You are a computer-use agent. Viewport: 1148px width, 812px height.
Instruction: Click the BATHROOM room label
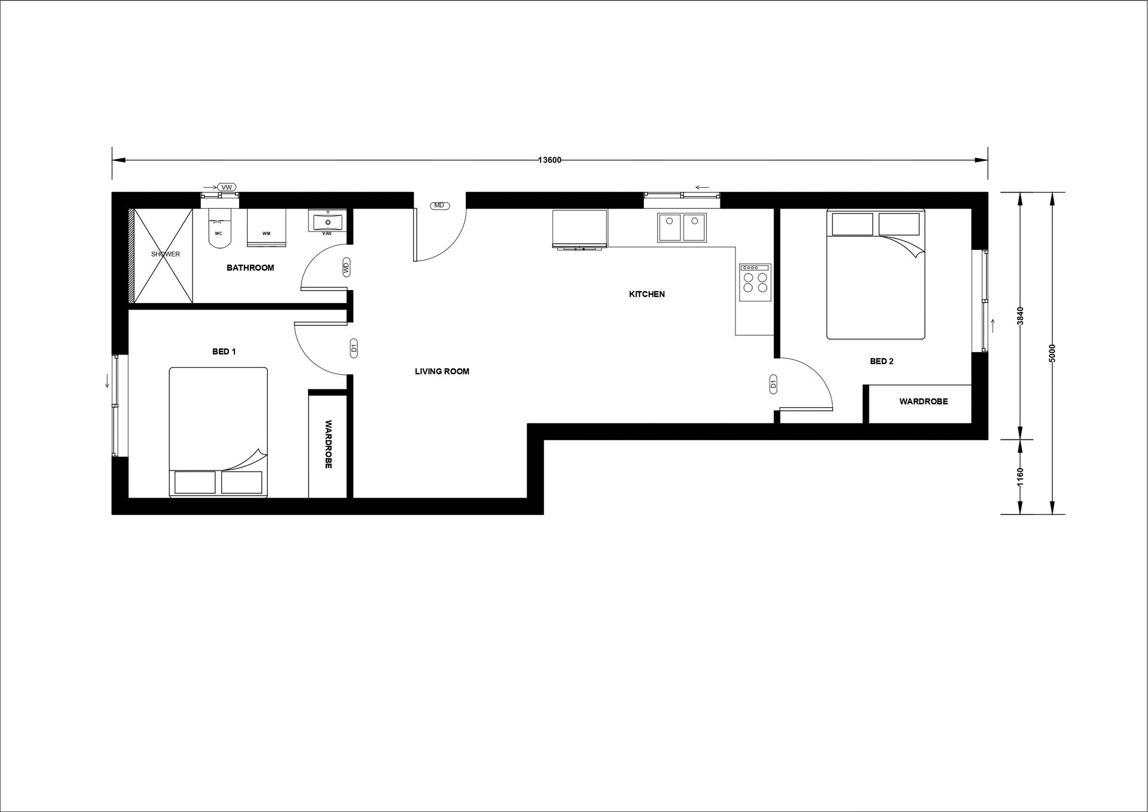(250, 268)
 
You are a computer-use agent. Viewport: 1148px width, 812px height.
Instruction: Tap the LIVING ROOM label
(442, 371)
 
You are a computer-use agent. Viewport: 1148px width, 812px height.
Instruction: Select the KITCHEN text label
(647, 294)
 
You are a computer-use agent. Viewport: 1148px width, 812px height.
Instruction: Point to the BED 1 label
(224, 352)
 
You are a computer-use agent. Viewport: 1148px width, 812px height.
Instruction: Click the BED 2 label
(881, 361)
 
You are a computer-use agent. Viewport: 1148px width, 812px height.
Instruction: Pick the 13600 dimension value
(549, 160)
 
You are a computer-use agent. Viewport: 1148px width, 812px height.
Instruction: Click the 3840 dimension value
(1021, 316)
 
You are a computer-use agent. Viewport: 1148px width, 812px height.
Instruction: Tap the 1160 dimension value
(1021, 477)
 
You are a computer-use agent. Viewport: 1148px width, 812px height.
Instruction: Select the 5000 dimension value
(1052, 353)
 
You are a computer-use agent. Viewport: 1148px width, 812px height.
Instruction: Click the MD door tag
(439, 206)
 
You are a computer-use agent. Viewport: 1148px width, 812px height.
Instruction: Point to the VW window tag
(227, 188)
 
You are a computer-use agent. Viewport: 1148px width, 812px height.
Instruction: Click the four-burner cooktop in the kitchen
(755, 282)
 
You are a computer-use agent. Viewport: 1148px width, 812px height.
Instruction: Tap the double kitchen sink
(682, 228)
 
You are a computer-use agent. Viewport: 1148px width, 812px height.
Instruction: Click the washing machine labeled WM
(267, 227)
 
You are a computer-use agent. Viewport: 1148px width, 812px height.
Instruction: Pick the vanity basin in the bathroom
(327, 221)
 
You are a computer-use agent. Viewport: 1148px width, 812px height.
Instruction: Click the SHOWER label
(166, 254)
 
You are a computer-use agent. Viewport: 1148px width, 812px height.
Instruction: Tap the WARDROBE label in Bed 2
(923, 402)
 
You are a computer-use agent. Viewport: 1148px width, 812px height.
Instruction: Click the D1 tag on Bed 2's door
(773, 385)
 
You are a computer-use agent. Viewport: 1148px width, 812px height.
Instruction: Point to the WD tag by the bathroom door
(346, 267)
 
